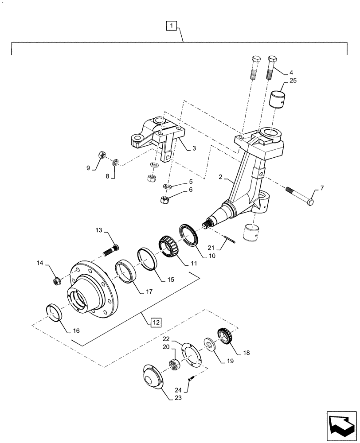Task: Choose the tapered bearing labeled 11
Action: [x=168, y=249]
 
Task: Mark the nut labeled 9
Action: [x=101, y=155]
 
